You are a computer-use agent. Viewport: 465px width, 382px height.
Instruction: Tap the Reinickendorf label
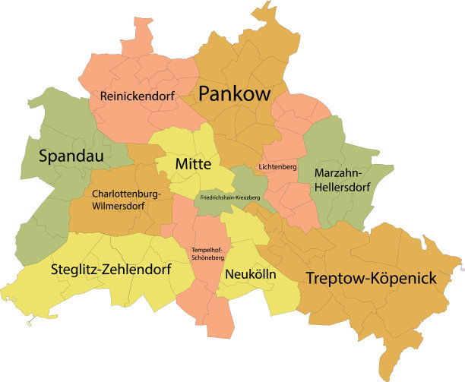point(138,96)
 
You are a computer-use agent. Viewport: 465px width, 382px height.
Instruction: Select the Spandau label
point(73,156)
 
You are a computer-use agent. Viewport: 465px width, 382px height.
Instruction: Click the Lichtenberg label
point(277,166)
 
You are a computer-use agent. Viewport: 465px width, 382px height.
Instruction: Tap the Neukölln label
point(250,273)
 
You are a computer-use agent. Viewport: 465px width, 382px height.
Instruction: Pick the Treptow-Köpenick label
point(371,279)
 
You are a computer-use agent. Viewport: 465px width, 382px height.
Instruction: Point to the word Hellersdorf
point(341,187)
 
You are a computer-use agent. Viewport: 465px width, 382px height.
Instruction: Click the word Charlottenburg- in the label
point(126,194)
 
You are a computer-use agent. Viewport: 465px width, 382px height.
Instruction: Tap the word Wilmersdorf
point(125,205)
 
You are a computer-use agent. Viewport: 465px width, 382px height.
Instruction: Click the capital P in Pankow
point(205,94)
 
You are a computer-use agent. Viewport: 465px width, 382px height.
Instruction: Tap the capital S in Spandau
point(46,156)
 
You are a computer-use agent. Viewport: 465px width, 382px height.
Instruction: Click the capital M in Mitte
point(181,164)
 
